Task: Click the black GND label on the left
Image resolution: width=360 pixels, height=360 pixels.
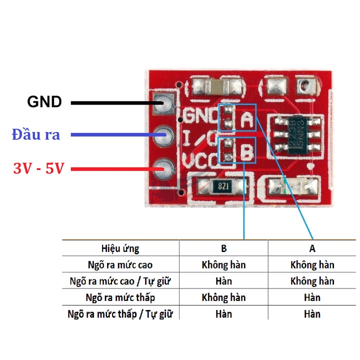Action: (x=44, y=102)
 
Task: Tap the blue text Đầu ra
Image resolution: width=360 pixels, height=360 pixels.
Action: (x=36, y=134)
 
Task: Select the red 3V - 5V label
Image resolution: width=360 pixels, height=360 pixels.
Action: (x=39, y=168)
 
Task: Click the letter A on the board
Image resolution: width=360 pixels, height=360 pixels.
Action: (x=246, y=119)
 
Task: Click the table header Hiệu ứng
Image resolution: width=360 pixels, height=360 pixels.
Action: (x=120, y=248)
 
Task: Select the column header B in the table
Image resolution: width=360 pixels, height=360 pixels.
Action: (x=224, y=248)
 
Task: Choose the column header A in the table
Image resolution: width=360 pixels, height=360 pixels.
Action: (x=312, y=248)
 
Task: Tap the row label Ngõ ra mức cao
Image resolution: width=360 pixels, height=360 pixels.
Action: (x=120, y=264)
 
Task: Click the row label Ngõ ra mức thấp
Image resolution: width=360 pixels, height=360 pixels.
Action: (x=120, y=297)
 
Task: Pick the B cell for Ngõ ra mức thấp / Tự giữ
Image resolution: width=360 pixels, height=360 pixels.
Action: (x=224, y=314)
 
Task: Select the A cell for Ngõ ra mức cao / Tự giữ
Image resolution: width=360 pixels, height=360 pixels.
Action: (x=312, y=281)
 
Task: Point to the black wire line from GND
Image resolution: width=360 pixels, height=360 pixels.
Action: (x=115, y=103)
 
